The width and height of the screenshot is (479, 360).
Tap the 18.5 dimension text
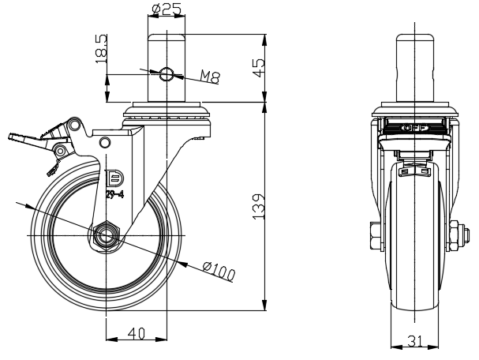click(x=101, y=49)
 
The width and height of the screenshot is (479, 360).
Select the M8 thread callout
click(x=210, y=77)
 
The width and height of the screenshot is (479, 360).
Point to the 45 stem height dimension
click(x=259, y=68)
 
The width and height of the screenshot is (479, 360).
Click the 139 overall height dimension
click(x=259, y=206)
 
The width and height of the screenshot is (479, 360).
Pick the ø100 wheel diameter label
click(x=219, y=271)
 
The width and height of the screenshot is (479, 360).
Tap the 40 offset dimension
click(x=137, y=334)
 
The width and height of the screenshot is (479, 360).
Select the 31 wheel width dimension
click(x=414, y=341)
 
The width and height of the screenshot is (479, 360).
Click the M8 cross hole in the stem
click(x=167, y=74)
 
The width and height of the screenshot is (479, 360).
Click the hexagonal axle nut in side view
click(x=107, y=235)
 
